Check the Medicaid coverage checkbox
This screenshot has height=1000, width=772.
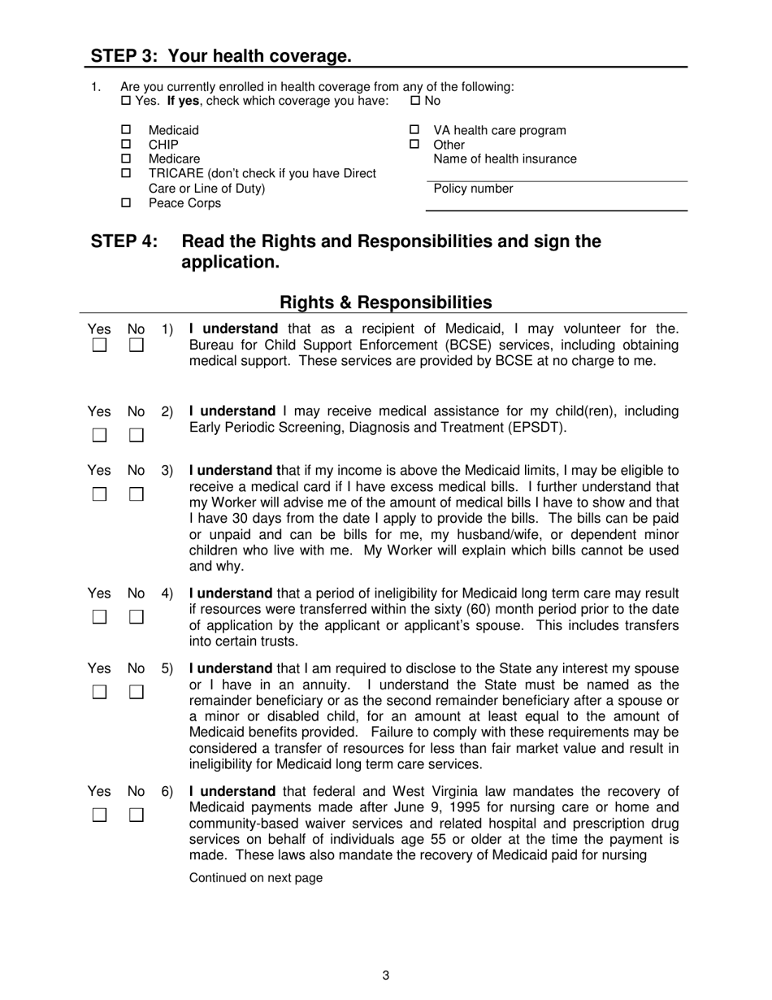(126, 130)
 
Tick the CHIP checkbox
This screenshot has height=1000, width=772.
(126, 145)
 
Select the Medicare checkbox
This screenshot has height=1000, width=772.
(126, 159)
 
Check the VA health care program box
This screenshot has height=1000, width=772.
(414, 130)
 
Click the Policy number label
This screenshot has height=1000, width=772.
(473, 189)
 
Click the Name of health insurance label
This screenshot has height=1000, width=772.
(505, 159)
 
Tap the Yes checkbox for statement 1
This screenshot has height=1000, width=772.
(99, 346)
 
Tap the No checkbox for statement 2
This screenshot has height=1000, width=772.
(137, 435)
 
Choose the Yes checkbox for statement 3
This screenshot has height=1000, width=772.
(99, 494)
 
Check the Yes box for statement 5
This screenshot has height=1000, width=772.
(99, 693)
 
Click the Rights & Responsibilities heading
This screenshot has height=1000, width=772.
(385, 302)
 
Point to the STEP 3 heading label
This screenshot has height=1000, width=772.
(221, 56)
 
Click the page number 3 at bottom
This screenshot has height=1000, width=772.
(385, 976)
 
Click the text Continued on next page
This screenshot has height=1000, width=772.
(255, 878)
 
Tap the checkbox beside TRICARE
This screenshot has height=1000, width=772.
(126, 173)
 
